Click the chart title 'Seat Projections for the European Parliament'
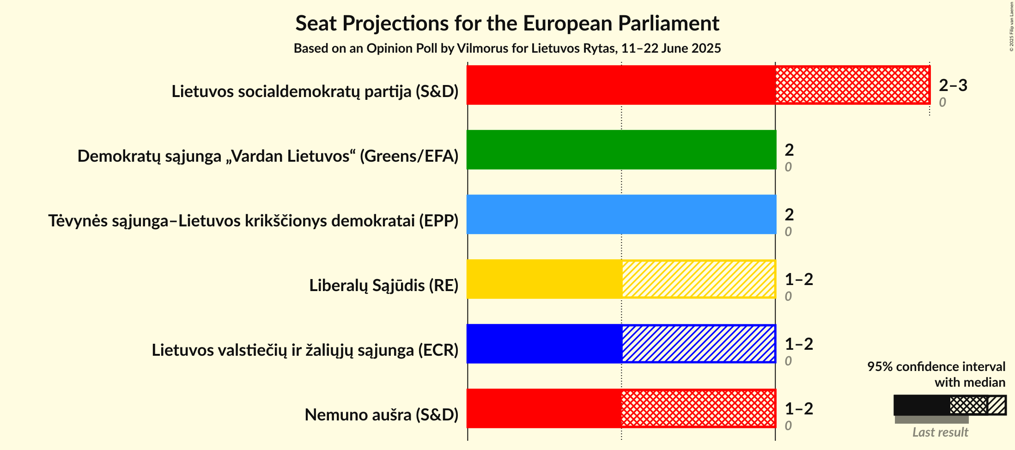tap(507, 24)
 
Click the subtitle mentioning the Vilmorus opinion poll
tap(507, 49)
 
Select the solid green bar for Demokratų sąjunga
tap(621, 150)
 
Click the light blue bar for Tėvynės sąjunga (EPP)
tap(621, 214)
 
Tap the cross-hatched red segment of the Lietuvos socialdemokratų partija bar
tap(852, 85)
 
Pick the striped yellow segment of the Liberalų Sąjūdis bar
tap(698, 279)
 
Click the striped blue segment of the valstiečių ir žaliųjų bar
tap(698, 344)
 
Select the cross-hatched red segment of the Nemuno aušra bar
tap(698, 408)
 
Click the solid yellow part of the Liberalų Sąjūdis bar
tap(544, 279)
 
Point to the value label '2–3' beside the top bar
tap(953, 85)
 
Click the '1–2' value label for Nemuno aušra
tap(799, 409)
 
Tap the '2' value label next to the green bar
tap(789, 150)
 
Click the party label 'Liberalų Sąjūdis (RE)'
tap(383, 286)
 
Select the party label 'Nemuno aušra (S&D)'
tap(381, 415)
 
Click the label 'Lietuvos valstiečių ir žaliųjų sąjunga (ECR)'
tap(305, 350)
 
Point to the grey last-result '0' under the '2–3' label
tap(942, 103)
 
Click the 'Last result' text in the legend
tap(940, 432)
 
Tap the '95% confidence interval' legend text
tap(936, 367)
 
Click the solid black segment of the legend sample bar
tap(921, 405)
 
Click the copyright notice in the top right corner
tap(1011, 26)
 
